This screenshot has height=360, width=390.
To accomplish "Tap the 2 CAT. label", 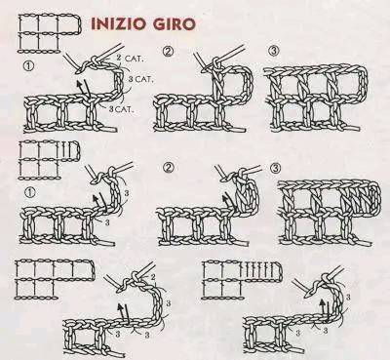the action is (130, 59).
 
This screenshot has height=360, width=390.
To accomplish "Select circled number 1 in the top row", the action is (28, 66).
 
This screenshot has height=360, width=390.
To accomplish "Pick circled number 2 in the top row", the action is (169, 52).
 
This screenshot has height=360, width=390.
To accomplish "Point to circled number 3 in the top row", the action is (274, 51).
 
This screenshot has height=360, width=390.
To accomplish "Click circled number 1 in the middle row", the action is (30, 192).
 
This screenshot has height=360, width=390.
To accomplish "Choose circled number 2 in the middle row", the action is (169, 168).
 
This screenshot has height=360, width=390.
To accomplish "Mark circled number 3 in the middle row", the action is (275, 168).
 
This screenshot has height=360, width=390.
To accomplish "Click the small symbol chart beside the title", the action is (50, 33).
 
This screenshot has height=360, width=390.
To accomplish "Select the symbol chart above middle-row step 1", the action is (49, 160).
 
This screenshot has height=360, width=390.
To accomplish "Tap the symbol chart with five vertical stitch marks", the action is (242, 280).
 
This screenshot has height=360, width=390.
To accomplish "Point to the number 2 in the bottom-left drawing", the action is (153, 276).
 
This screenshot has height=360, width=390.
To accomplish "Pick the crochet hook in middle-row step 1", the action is (109, 171).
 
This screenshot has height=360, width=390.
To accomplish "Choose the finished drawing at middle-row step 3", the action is (330, 212).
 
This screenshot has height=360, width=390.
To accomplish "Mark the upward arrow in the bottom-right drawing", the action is (323, 307).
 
